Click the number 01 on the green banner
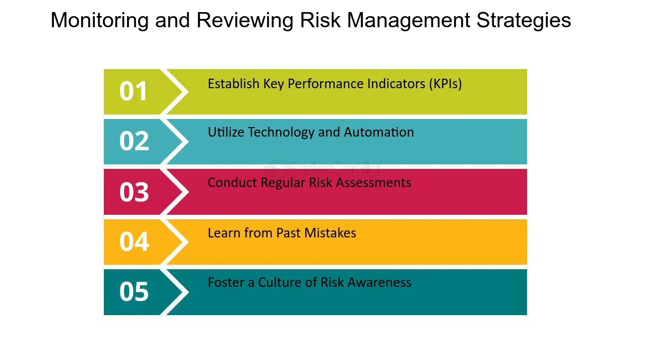[x=134, y=91]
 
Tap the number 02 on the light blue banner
[x=134, y=141]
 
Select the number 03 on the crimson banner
[x=134, y=192]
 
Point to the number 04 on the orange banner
[x=134, y=241]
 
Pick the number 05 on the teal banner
[x=134, y=291]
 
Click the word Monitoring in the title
[x=100, y=21]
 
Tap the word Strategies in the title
[x=524, y=21]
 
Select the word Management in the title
[x=409, y=21]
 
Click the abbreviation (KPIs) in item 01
[x=445, y=84]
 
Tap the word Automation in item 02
[x=378, y=132]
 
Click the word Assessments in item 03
[x=373, y=183]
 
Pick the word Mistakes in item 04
[x=330, y=233]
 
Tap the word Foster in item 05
[x=226, y=282]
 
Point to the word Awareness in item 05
[x=379, y=282]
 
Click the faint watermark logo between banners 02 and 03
[x=323, y=167]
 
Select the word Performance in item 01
[x=326, y=84]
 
